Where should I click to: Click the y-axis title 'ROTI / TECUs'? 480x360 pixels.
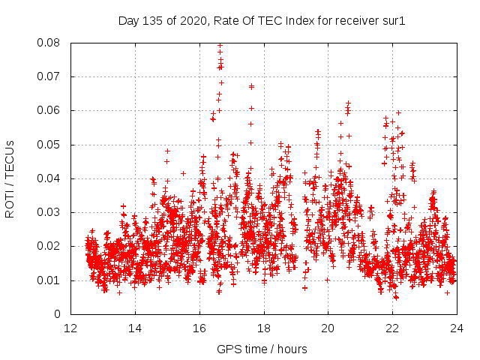click(10, 178)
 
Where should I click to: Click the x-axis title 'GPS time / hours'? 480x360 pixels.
click(262, 349)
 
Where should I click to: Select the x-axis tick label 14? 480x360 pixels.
click(135, 328)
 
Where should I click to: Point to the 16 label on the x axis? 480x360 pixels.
click(199, 328)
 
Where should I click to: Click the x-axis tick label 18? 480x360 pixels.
click(264, 328)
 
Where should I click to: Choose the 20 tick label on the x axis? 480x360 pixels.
click(328, 328)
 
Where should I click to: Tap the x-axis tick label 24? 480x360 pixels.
click(457, 328)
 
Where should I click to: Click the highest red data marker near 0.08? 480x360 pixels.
click(220, 45)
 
